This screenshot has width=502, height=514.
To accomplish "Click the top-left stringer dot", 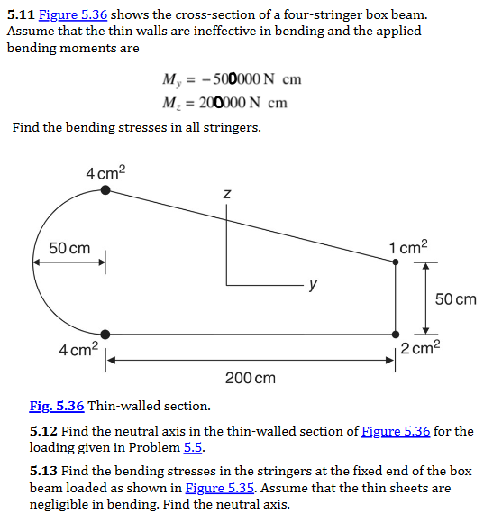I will [106, 190].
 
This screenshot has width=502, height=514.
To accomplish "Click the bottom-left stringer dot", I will [106, 333].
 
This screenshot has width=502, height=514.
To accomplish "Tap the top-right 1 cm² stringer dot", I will [396, 262].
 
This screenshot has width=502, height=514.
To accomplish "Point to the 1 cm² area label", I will [408, 246].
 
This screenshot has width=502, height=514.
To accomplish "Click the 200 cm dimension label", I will [251, 377].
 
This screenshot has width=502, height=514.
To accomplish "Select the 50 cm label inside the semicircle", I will [69, 248].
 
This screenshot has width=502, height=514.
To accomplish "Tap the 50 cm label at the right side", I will [455, 298].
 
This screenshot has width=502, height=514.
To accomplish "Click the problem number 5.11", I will [21, 15].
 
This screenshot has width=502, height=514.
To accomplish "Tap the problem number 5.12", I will [44, 431].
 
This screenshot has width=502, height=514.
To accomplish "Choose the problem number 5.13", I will [44, 472].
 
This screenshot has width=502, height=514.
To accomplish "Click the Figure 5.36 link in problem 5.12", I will [395, 431].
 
